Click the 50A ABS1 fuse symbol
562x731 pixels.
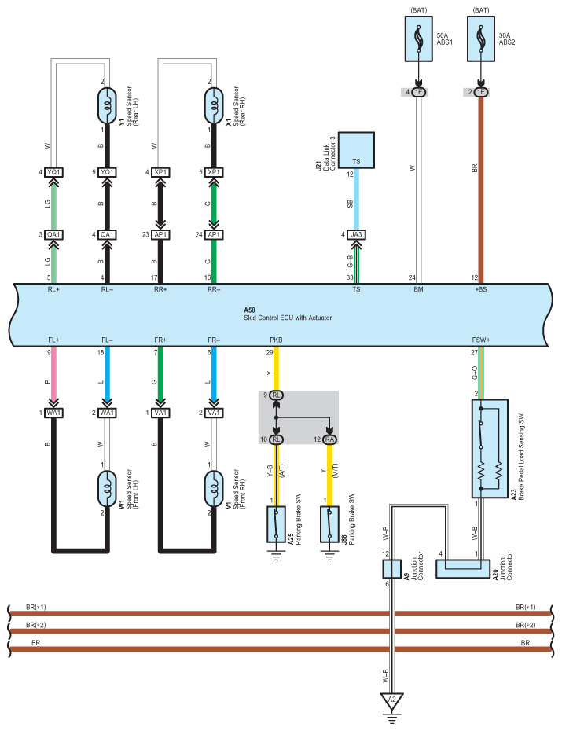[419, 39]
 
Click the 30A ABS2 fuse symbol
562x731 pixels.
[481, 39]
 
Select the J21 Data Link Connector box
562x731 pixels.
[356, 150]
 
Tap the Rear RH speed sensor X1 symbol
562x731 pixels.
[212, 105]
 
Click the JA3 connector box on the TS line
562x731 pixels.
[356, 234]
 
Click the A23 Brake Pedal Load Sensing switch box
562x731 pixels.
[487, 448]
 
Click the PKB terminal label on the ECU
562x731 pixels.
[276, 340]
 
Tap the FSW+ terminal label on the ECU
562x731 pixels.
[481, 340]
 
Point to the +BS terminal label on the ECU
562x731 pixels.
[481, 290]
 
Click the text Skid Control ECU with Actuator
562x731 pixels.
[288, 317]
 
